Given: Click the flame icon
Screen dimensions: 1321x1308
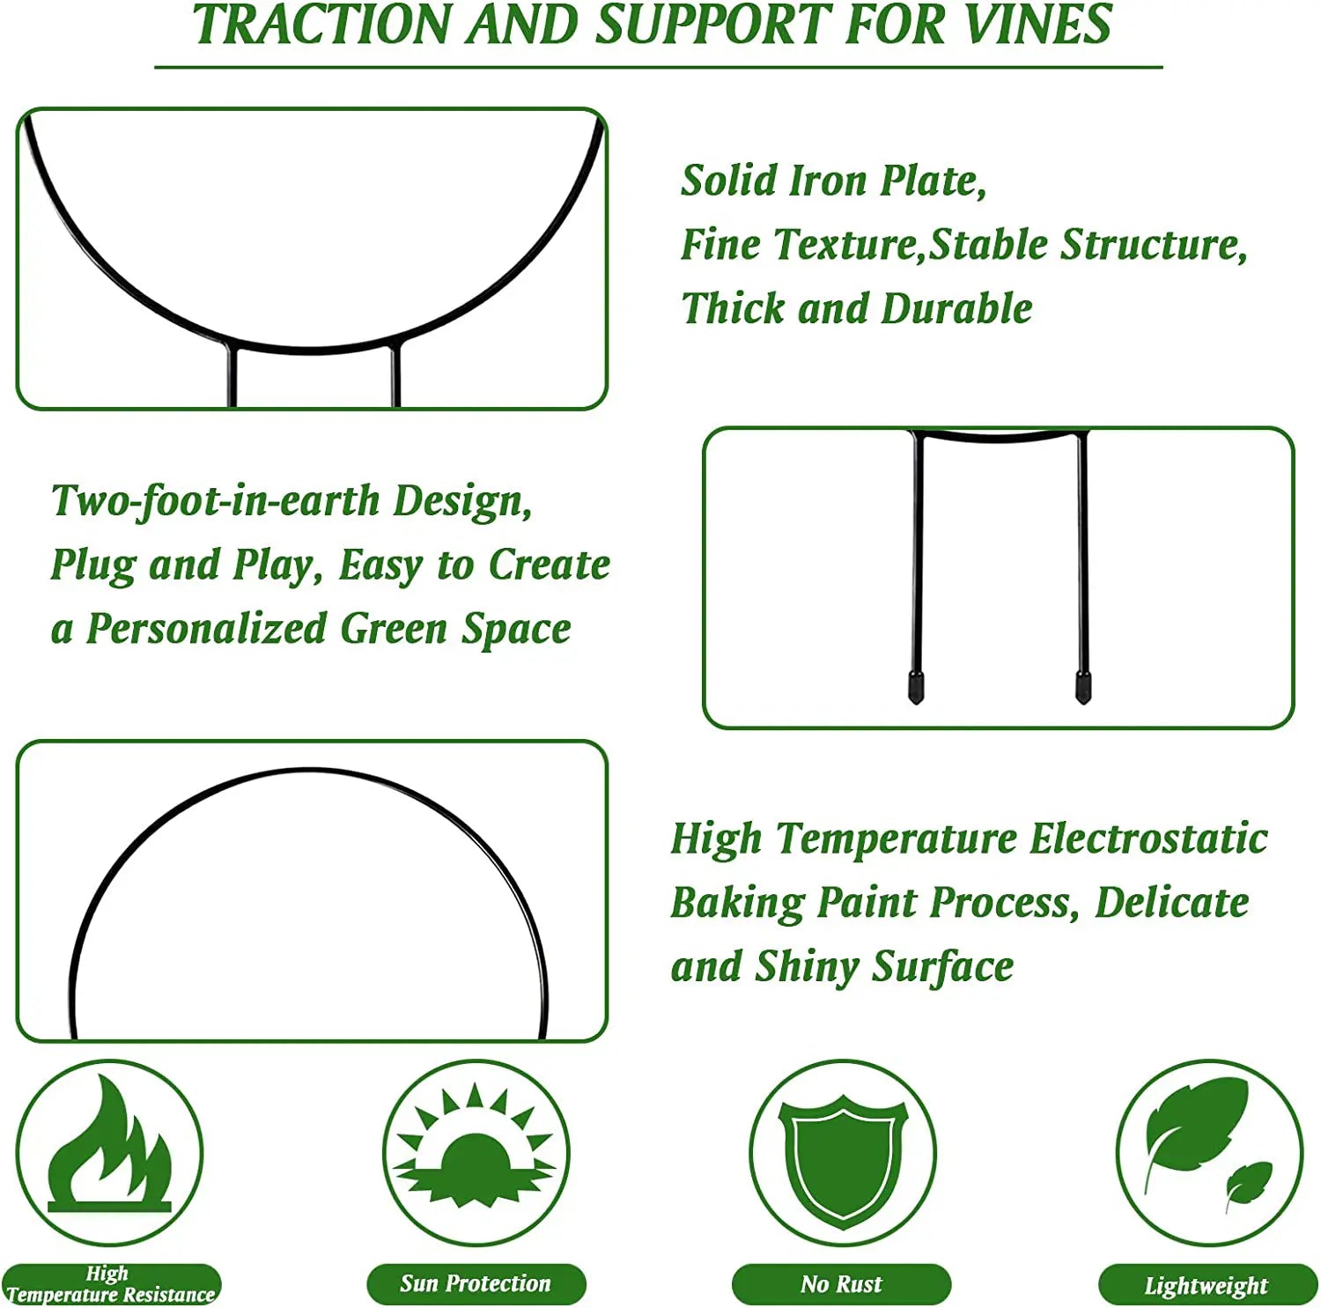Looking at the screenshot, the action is tap(110, 1143).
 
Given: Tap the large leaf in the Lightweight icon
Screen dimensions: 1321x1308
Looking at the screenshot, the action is tap(1194, 1126).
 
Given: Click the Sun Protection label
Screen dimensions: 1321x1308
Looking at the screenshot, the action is tap(476, 1283).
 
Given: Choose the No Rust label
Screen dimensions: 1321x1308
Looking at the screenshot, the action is tap(841, 1284).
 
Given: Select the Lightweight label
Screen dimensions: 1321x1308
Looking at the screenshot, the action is tap(1207, 1285).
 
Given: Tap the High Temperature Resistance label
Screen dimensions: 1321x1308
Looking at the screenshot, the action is tap(111, 1284).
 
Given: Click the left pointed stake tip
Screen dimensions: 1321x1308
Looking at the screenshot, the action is tap(916, 703).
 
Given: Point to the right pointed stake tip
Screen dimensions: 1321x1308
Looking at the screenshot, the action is tap(1082, 702).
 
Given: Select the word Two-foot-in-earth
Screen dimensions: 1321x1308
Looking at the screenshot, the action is tap(216, 501).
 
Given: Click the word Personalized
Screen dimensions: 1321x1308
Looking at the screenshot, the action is tap(205, 629).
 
